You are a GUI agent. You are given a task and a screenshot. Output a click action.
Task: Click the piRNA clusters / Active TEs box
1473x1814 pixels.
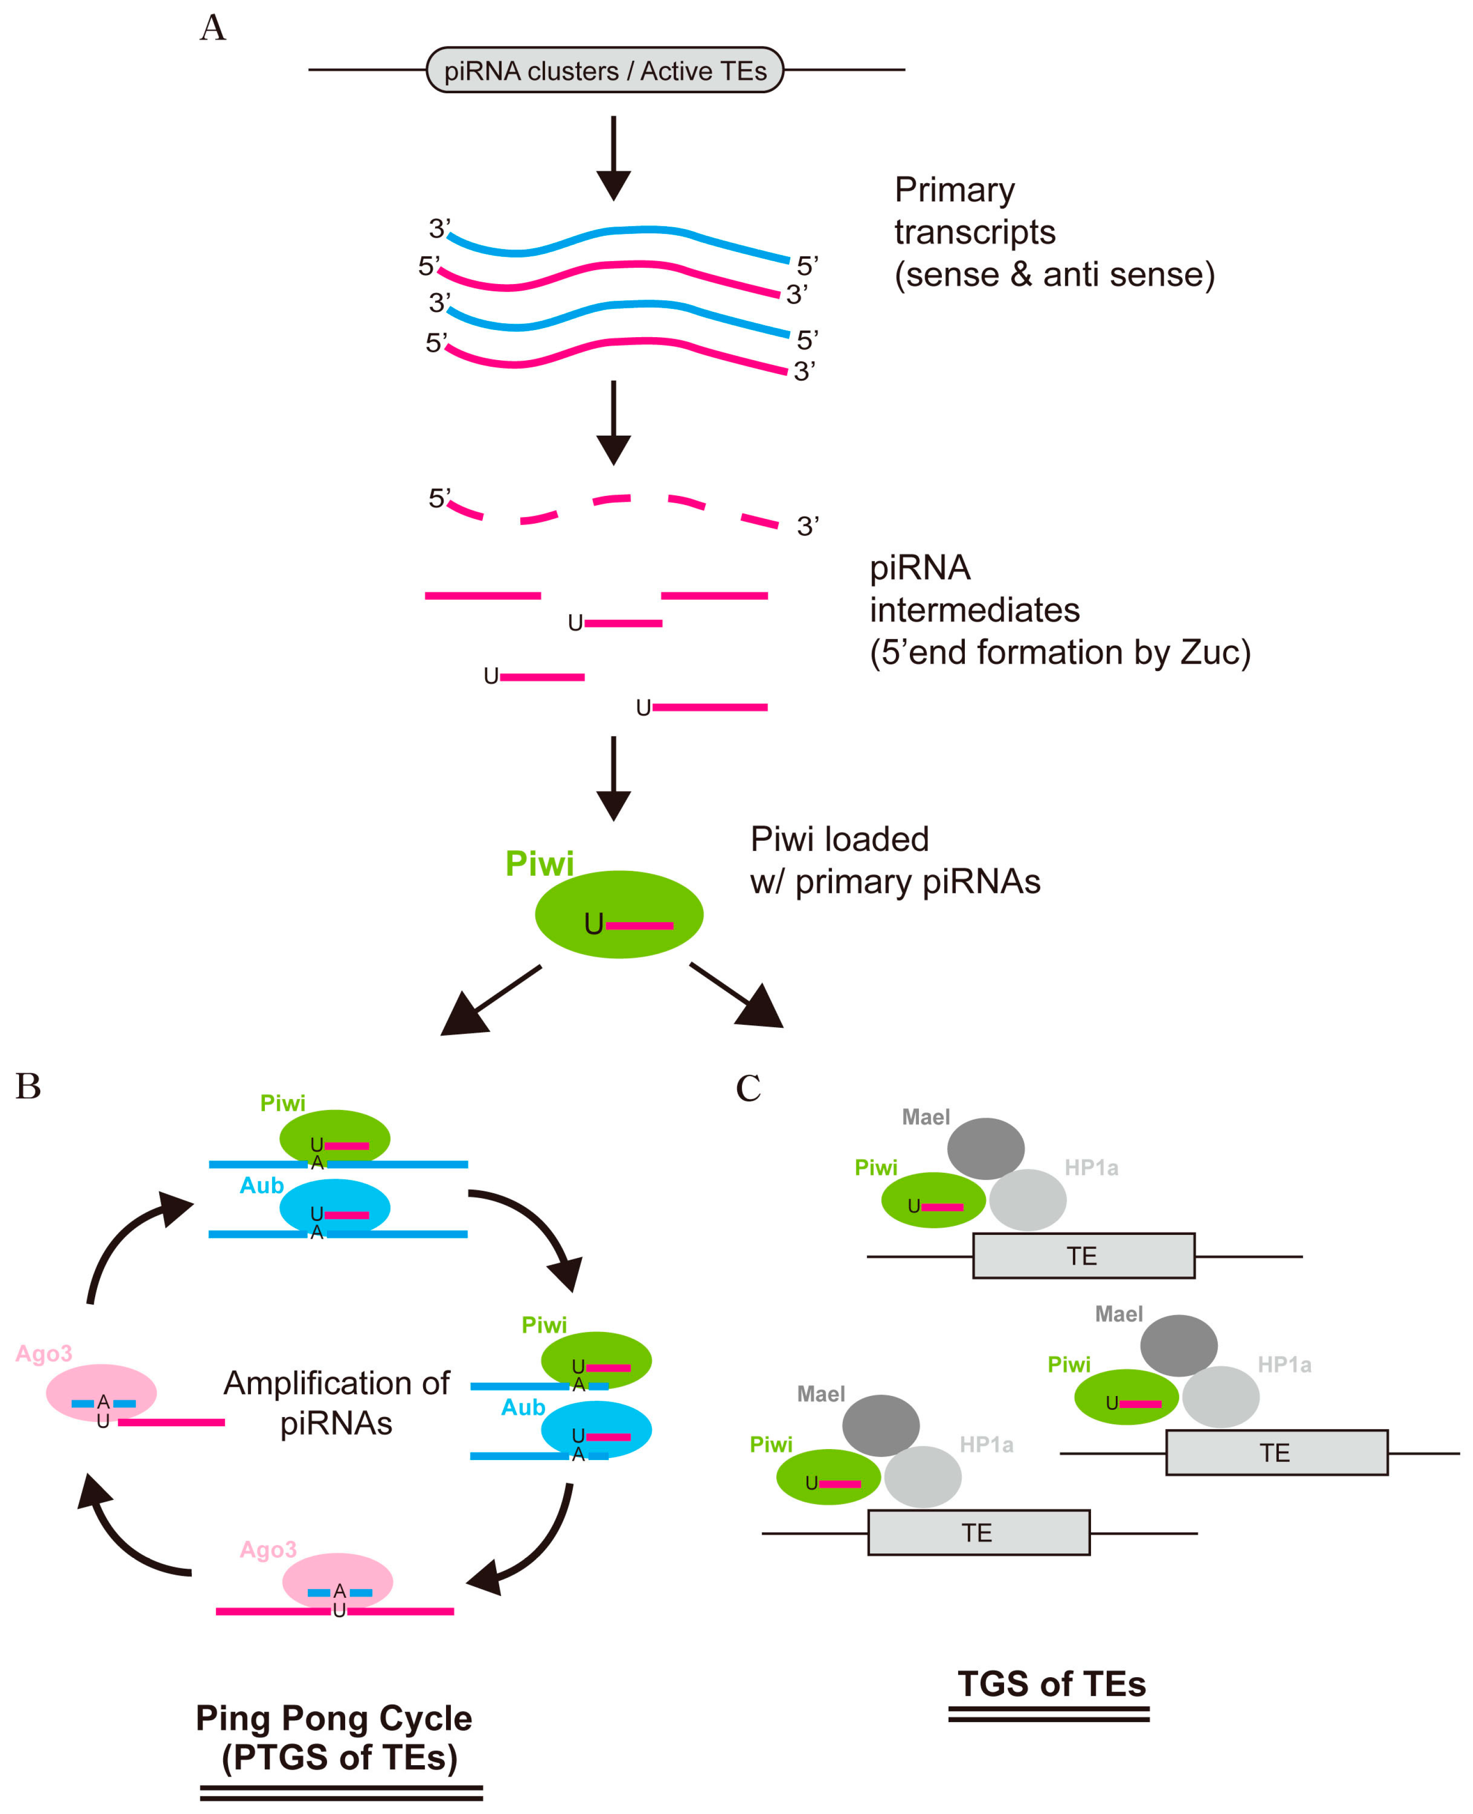click(x=604, y=70)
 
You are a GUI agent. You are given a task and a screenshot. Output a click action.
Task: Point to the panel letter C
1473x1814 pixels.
click(x=748, y=1088)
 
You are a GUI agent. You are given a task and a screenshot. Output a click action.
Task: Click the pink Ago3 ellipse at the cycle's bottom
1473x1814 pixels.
click(x=338, y=1581)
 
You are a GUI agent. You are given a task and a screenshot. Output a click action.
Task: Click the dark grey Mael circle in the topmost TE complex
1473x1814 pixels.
click(x=985, y=1148)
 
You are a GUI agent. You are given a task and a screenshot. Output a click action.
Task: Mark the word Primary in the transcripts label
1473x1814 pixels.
click(x=955, y=190)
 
